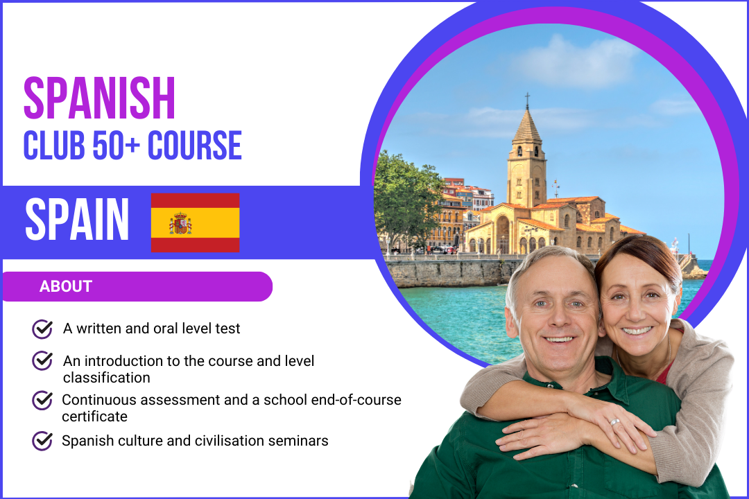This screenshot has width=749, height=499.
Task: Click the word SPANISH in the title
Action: [99, 98]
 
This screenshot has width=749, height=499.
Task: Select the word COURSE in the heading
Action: [194, 145]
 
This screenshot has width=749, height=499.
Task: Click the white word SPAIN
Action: [77, 219]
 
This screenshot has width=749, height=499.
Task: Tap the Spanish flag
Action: [196, 222]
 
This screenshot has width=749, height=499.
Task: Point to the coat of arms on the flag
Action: [180, 223]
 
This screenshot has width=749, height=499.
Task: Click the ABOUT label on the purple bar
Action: [65, 286]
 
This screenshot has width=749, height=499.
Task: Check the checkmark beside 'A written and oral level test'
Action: [42, 329]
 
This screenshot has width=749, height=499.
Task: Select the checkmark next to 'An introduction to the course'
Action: [42, 360]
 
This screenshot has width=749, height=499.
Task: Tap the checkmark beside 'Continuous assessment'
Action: [42, 400]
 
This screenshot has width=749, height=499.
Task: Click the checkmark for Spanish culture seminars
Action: [42, 441]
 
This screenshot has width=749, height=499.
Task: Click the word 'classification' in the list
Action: [107, 378]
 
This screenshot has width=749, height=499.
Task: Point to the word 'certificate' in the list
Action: [94, 417]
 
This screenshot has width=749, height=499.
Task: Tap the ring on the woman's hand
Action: [614, 422]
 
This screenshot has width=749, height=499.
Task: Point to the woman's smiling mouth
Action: [637, 330]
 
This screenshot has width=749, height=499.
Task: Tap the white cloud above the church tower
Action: [576, 62]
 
